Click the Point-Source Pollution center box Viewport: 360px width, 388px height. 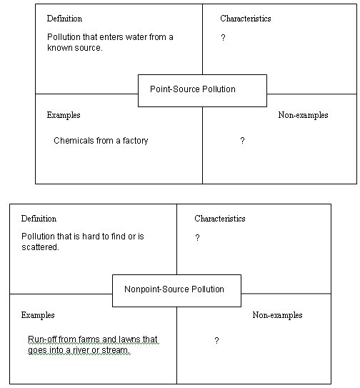[x=202, y=91]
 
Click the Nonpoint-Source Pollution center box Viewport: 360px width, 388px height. [x=176, y=291]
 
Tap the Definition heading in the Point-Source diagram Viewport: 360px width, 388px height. [x=64, y=19]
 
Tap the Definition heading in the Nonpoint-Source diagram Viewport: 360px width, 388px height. [x=39, y=219]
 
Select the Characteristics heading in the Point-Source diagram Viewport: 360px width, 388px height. [x=246, y=19]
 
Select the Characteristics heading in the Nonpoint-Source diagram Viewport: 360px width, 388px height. [x=220, y=219]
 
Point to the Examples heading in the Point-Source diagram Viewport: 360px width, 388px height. [x=64, y=115]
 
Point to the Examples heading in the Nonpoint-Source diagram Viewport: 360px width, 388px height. [x=38, y=315]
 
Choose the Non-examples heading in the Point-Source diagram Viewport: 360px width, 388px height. [x=303, y=115]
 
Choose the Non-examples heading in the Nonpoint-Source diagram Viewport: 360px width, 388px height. [x=277, y=315]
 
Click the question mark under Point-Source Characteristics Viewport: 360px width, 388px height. [x=223, y=38]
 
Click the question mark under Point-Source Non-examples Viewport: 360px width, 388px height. [x=242, y=141]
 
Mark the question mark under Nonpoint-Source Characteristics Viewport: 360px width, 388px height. [x=197, y=237]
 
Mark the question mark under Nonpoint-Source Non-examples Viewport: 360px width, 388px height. [x=216, y=341]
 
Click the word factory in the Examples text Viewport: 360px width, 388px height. [x=135, y=141]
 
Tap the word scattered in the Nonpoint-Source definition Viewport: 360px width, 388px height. [x=40, y=247]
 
